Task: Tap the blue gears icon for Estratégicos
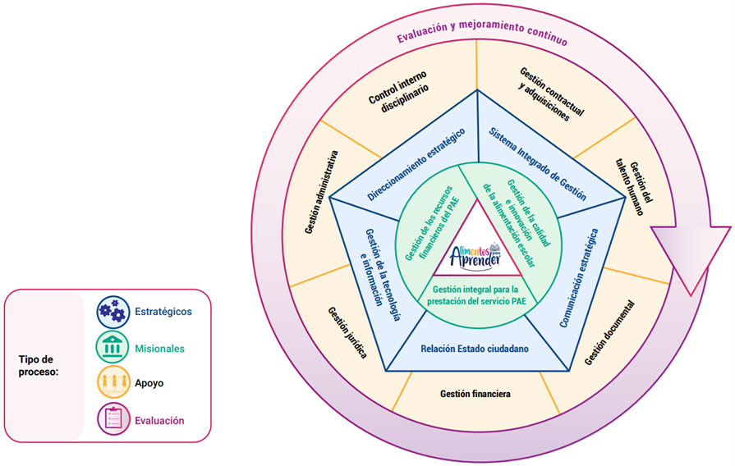pyautogui.click(x=113, y=311)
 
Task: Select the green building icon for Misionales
pyautogui.click(x=113, y=348)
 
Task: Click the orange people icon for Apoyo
pyautogui.click(x=113, y=383)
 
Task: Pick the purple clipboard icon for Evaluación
pyautogui.click(x=113, y=420)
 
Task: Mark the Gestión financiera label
pyautogui.click(x=475, y=394)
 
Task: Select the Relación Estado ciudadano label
pyautogui.click(x=475, y=349)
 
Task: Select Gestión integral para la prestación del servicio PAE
pyautogui.click(x=476, y=295)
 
